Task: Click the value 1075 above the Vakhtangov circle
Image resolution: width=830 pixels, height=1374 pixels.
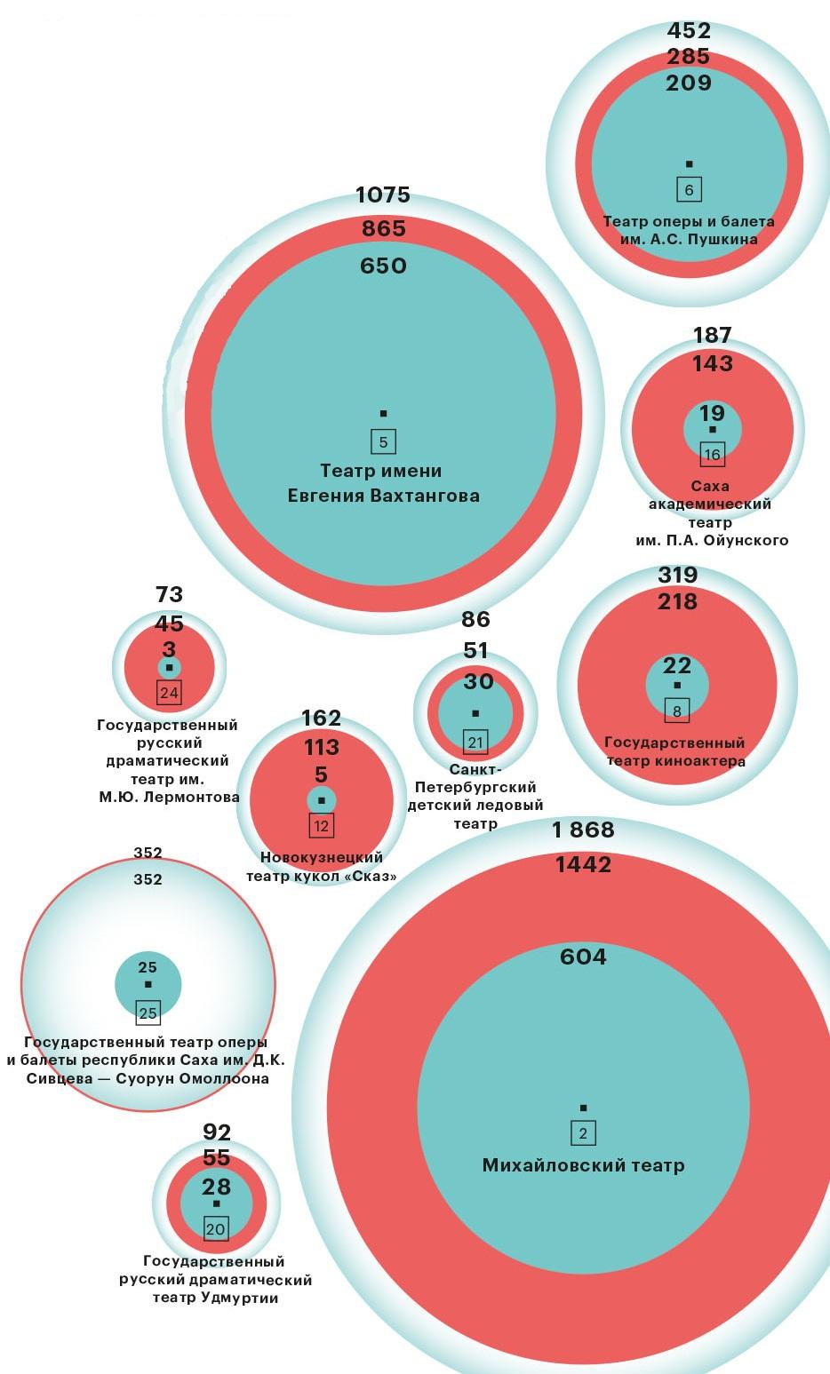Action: (383, 195)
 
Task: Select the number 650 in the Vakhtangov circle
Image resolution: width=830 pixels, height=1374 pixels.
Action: (383, 266)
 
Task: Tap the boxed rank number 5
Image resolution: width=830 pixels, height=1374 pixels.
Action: (383, 441)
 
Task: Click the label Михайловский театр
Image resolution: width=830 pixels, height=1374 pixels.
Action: (583, 1165)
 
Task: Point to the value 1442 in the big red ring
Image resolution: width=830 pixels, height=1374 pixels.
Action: (583, 864)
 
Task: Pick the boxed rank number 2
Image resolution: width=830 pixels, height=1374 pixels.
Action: (583, 1133)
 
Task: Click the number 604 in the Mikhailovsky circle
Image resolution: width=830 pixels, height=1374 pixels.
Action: (583, 957)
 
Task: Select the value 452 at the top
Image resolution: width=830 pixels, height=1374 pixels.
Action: (689, 31)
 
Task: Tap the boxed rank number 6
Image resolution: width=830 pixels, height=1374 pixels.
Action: (689, 189)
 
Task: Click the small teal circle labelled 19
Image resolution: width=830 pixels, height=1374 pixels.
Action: (712, 428)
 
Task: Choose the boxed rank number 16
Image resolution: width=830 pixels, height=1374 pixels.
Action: (712, 454)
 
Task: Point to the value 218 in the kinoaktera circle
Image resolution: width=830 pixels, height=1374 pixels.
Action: (677, 601)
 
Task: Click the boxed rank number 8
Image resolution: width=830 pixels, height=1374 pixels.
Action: (677, 711)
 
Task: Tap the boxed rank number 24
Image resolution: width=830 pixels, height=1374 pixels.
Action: (169, 693)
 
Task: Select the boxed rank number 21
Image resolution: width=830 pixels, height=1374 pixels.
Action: (475, 742)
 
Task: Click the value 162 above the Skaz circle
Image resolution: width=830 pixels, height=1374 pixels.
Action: (321, 718)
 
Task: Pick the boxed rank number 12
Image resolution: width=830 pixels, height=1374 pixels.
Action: (321, 826)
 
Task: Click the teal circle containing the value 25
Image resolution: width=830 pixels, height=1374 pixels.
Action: (148, 984)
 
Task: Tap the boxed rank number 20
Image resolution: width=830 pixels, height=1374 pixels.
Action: (216, 1229)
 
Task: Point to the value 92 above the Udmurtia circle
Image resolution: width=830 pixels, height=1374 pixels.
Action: (217, 1132)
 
